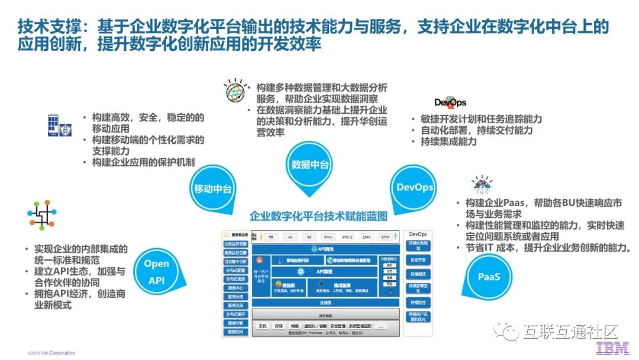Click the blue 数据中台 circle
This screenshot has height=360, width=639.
point(310,165)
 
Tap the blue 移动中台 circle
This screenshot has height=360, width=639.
point(212,189)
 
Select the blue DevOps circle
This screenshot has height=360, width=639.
point(415,187)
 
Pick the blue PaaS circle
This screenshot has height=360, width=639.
point(489,277)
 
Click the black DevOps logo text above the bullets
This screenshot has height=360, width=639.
point(450,102)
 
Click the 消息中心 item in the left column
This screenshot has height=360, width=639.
point(235,288)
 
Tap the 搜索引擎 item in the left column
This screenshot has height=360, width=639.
point(235,323)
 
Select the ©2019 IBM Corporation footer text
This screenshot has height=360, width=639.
point(51,353)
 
